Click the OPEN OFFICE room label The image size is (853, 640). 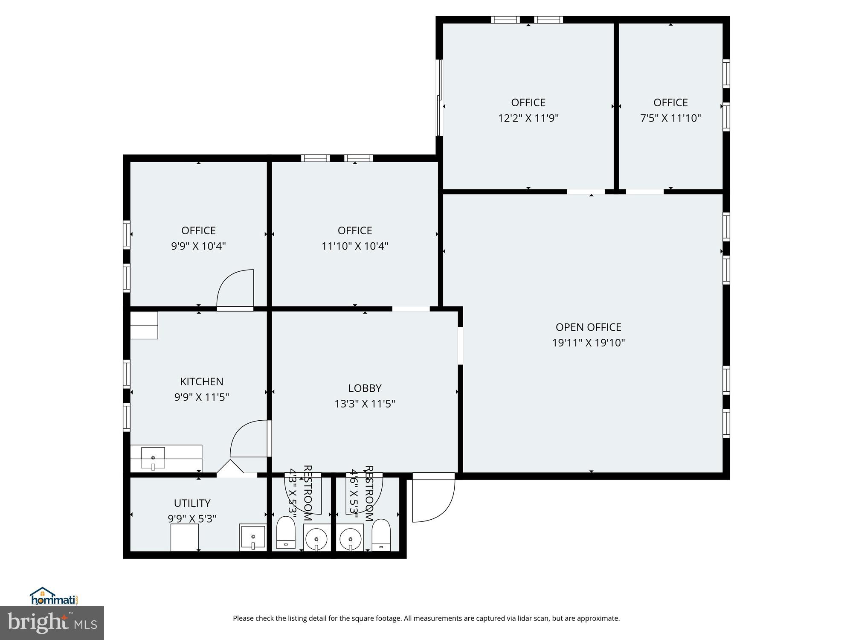click(x=588, y=327)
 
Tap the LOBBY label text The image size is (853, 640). click(x=365, y=388)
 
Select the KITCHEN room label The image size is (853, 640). click(x=202, y=381)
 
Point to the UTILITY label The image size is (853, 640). click(x=192, y=503)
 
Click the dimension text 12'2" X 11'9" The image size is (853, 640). click(x=528, y=118)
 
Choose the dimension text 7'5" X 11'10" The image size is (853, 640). click(x=670, y=118)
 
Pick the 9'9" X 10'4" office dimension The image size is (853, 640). click(x=198, y=246)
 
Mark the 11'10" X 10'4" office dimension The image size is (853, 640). click(x=355, y=246)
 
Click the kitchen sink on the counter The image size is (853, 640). click(x=153, y=458)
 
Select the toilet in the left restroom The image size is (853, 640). click(x=286, y=532)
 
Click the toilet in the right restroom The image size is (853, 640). click(x=381, y=535)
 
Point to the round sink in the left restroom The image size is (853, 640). click(x=316, y=537)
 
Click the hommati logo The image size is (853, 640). click(x=54, y=596)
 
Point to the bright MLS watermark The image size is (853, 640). click(x=52, y=623)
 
